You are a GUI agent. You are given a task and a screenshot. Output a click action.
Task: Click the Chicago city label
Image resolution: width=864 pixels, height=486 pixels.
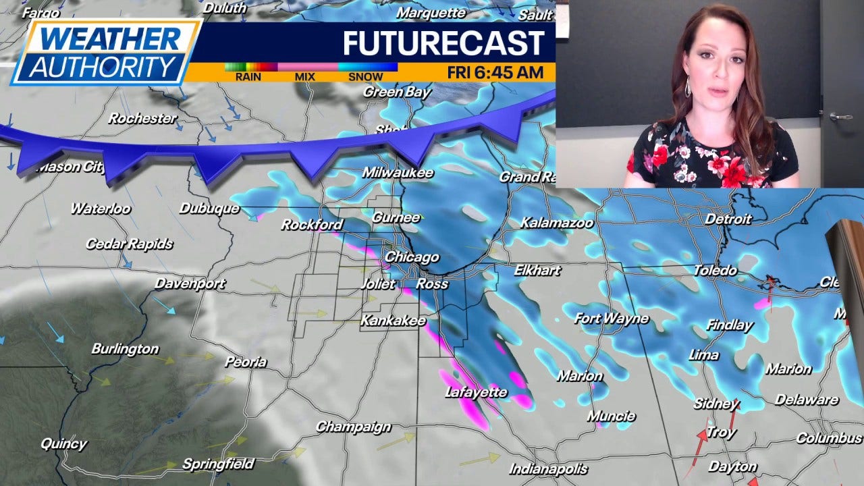pos(412,257)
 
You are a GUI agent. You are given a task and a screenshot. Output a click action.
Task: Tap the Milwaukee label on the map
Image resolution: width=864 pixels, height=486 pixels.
pos(398,173)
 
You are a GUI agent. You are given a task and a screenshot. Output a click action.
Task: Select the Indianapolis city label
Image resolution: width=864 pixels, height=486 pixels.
pos(548,468)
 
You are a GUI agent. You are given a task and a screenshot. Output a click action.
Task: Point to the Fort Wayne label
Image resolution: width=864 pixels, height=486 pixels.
pos(612,318)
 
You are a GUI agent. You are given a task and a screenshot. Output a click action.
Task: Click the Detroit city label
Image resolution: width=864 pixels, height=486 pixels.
pos(728,219)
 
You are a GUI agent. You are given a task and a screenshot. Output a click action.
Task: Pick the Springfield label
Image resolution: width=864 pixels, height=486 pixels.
pos(218,464)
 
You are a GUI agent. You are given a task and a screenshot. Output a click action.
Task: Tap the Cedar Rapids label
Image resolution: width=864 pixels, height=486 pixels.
pos(129,244)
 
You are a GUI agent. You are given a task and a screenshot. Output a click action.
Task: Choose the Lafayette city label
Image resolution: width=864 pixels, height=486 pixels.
pos(476,391)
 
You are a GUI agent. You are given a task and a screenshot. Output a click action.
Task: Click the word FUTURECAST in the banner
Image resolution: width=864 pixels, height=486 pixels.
pos(443,43)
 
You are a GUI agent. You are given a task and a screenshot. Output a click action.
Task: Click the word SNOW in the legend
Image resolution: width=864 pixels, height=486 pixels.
pos(365,77)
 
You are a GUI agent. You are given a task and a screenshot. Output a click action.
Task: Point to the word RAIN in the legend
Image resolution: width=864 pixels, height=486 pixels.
pos(248,77)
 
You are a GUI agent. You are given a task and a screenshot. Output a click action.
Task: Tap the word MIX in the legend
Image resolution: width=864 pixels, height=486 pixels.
pos(304,77)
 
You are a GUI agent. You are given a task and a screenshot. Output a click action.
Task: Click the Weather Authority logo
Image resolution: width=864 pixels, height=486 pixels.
pos(106,52)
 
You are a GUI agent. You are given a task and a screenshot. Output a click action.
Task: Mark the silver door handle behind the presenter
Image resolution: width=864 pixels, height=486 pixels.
pos(840,116)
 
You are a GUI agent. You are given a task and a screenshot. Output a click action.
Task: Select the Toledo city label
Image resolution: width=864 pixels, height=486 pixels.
pos(715,270)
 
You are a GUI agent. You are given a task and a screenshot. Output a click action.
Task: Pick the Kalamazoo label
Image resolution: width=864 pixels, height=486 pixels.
pos(557,222)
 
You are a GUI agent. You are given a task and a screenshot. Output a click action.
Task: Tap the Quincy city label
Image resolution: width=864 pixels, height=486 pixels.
pos(63,443)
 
